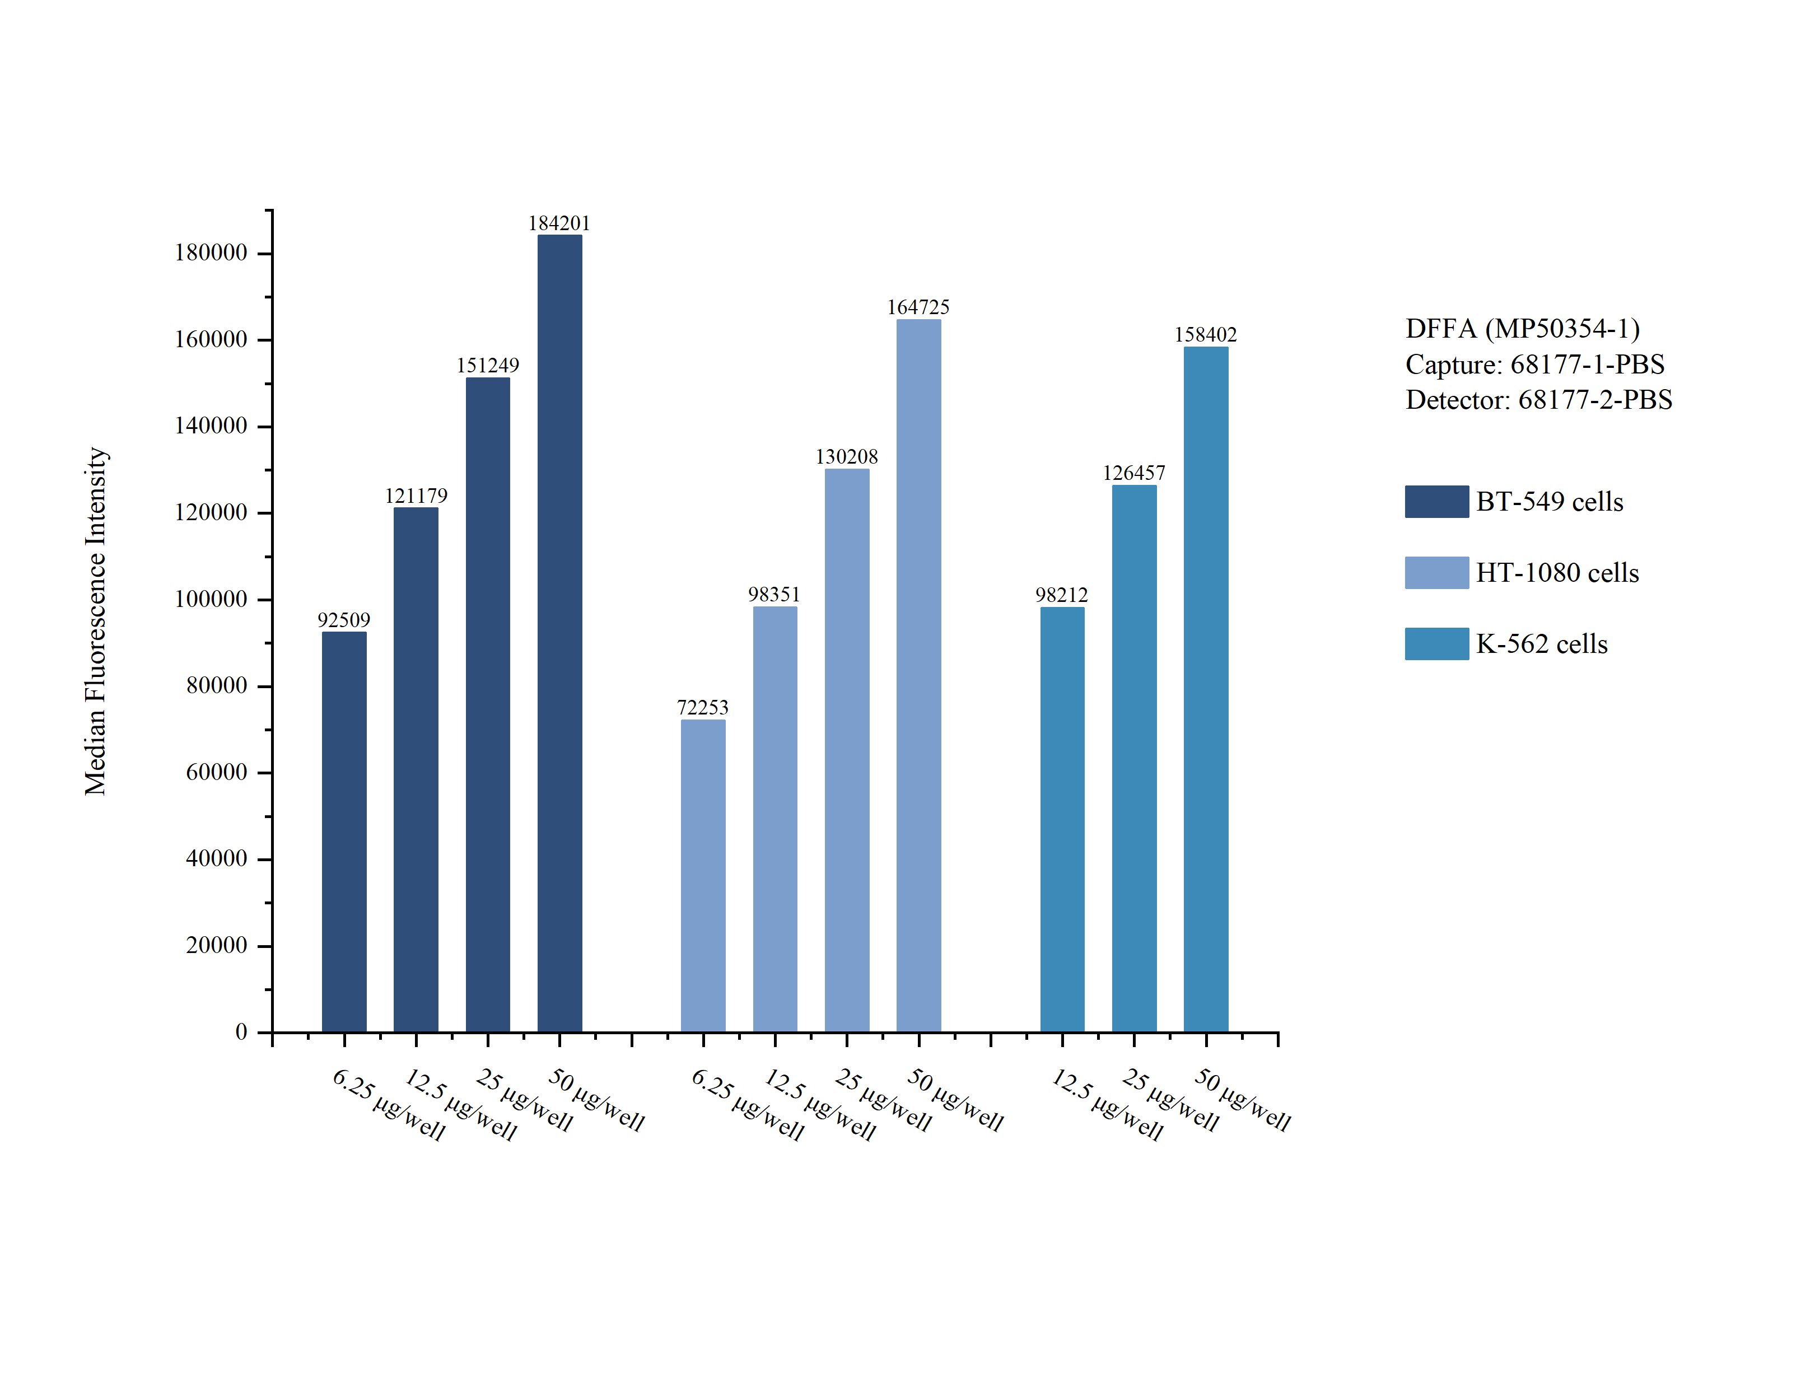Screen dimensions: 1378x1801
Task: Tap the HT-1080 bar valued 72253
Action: (703, 875)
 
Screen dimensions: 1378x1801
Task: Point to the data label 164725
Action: (918, 307)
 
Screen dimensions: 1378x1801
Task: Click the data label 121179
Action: (416, 496)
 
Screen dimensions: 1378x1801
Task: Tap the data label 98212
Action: (1061, 594)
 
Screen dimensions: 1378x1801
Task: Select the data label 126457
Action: (1133, 473)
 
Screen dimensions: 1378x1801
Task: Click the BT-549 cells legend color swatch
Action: (1436, 501)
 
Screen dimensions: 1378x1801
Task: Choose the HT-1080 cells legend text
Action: (1557, 572)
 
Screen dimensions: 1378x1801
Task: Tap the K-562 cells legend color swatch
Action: (1436, 644)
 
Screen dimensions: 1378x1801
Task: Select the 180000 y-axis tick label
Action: (211, 253)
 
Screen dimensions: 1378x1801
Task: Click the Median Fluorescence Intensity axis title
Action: (96, 621)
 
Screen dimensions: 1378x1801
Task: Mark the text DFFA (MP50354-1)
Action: (1522, 328)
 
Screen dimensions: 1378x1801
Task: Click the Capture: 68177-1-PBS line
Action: (1534, 364)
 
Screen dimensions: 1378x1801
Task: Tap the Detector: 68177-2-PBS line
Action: (1538, 399)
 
